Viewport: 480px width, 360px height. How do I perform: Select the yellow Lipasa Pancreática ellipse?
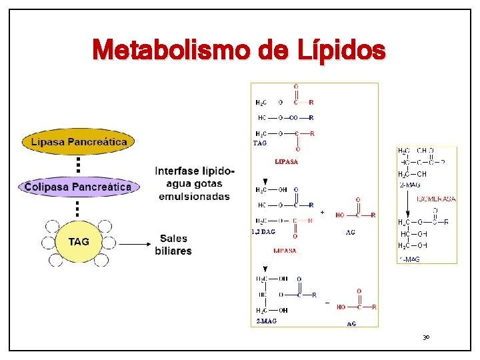click(x=79, y=142)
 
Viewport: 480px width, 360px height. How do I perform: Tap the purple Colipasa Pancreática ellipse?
click(x=78, y=187)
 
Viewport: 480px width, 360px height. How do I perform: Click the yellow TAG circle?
click(x=79, y=242)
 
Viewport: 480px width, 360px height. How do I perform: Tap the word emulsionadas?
click(x=193, y=196)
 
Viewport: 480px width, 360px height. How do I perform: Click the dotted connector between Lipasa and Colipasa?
click(x=78, y=163)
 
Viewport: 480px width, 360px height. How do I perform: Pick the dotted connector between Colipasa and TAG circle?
click(x=78, y=209)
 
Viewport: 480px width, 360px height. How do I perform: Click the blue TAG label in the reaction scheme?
click(x=261, y=143)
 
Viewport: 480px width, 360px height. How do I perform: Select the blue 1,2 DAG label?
click(x=263, y=232)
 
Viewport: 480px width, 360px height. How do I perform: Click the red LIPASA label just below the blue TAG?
click(x=287, y=162)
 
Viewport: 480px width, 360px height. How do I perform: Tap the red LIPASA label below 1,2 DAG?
click(x=285, y=250)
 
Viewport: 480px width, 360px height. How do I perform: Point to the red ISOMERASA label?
click(x=436, y=199)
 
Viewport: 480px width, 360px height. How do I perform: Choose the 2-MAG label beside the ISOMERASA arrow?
click(x=409, y=185)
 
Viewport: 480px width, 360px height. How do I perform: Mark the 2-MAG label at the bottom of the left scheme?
click(x=267, y=321)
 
